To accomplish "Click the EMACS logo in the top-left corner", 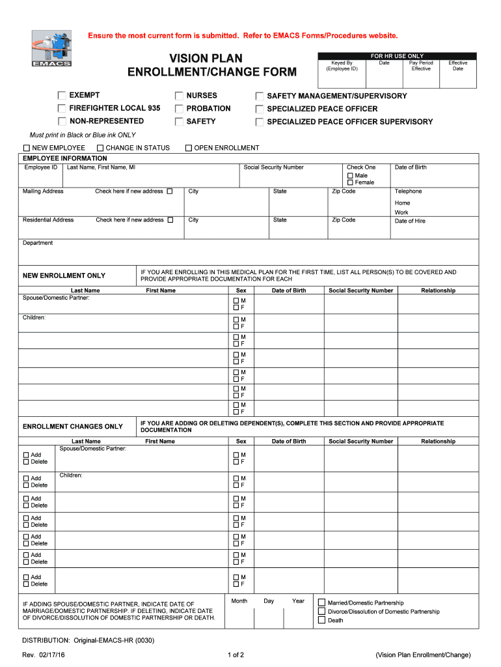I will click(x=52, y=48).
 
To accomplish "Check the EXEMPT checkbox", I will click(x=62, y=96).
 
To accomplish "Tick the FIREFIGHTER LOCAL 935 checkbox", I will click(x=62, y=109).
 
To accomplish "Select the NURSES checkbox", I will click(x=179, y=96).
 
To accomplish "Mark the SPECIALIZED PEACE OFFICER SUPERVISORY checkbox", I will click(x=260, y=122).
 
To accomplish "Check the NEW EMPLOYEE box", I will click(x=27, y=148).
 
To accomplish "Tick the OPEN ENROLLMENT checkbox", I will click(x=189, y=148).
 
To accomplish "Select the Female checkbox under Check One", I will click(x=350, y=182).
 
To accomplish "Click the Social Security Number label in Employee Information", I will click(x=273, y=167).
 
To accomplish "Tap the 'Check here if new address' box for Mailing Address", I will click(x=170, y=192).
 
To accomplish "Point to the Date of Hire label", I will click(x=410, y=221).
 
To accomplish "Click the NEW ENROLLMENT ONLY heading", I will click(x=64, y=276).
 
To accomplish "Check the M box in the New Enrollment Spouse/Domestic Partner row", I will click(x=236, y=300).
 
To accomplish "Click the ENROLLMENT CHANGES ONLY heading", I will click(x=72, y=427).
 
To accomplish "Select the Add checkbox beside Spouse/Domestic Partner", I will click(x=26, y=455).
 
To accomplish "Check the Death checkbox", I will click(x=321, y=620).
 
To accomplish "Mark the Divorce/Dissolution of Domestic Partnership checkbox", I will click(x=321, y=612).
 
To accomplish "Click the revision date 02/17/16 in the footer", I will click(x=58, y=655).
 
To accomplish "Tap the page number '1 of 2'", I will click(x=236, y=655).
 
